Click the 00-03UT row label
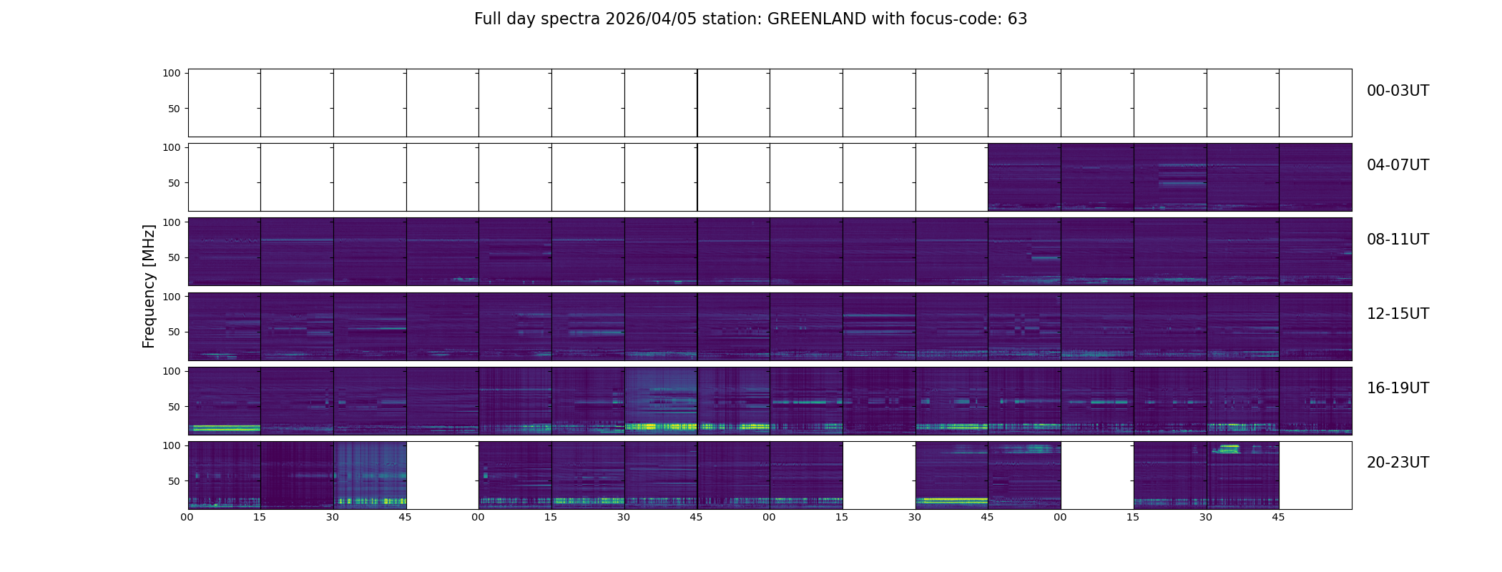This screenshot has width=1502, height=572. pos(1398,91)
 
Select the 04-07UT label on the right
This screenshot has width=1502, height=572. pos(1398,165)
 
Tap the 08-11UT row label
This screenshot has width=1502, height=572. pos(1398,240)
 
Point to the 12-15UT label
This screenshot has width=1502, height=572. pos(1398,314)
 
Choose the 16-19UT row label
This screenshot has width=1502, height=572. pos(1398,388)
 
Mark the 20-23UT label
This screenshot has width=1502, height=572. pos(1398,463)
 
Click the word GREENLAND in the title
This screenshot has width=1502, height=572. pos(816,19)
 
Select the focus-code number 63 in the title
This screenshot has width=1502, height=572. pos(1017,19)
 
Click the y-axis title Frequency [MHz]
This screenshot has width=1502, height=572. pos(149,286)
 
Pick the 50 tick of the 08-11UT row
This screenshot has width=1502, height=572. pos(173,257)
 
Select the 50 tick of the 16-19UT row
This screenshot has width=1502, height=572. pos(173,407)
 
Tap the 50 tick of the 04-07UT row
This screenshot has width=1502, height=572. pos(173,183)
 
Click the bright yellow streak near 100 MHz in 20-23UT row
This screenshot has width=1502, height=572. pos(1229,448)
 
